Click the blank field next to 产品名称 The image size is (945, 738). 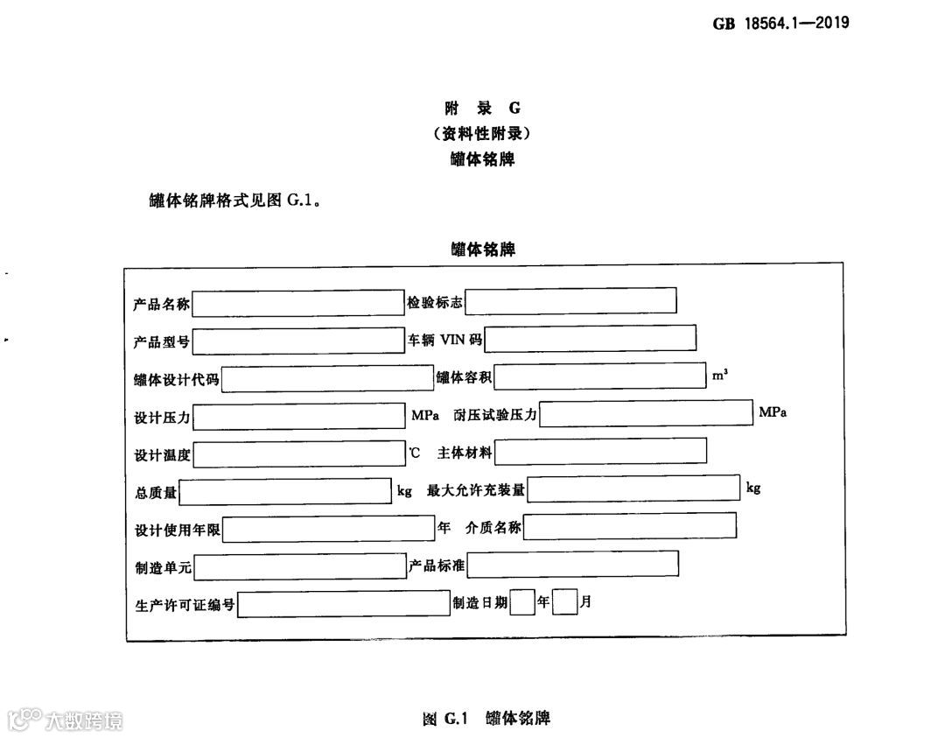[x=298, y=304]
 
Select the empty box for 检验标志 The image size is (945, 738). [x=570, y=300]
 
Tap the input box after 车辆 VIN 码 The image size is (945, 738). [x=591, y=338]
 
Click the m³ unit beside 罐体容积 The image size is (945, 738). [x=719, y=375]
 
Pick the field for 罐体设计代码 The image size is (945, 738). [x=328, y=379]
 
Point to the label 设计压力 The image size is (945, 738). [x=162, y=418]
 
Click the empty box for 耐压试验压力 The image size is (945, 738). [x=646, y=413]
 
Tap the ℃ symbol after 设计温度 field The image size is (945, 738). [x=414, y=453]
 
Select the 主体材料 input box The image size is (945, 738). [x=600, y=451]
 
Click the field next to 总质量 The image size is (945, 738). [x=285, y=492]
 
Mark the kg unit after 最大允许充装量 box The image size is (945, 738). [x=753, y=488]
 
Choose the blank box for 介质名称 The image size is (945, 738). [x=630, y=526]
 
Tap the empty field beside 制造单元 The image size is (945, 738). [x=298, y=568]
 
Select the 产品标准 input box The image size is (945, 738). [x=573, y=565]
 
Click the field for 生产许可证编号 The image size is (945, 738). [x=343, y=604]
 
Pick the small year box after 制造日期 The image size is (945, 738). [x=522, y=602]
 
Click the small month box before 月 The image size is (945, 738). [x=565, y=602]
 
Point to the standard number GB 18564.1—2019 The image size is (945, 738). [x=781, y=23]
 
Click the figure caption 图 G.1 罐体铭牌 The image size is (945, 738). [x=486, y=719]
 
